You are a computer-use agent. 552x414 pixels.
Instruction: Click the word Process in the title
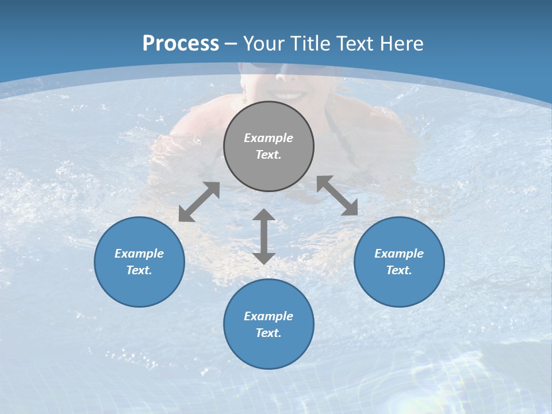point(181,44)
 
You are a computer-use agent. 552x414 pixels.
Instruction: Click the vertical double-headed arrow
point(264,236)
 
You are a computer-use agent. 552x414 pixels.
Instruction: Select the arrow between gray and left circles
point(199,202)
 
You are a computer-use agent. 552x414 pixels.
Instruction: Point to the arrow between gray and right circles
point(338,195)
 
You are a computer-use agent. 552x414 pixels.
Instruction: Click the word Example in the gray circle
point(269,138)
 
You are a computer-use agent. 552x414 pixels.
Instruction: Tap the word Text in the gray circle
point(269,155)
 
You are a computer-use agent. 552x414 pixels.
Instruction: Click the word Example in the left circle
point(139,254)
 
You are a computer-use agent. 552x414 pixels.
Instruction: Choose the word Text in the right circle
point(399,270)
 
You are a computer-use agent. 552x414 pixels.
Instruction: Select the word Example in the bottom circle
point(269,316)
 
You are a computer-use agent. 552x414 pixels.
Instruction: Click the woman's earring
point(245,99)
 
